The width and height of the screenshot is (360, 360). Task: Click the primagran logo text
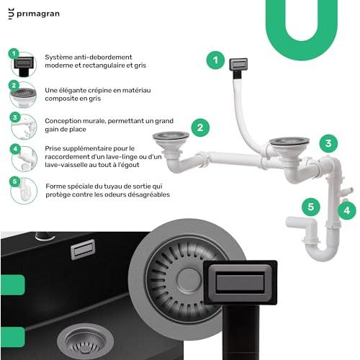point(38,14)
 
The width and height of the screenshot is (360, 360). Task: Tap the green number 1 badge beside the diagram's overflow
point(215,60)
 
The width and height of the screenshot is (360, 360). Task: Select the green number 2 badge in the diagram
point(200,127)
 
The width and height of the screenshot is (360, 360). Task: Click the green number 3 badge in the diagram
point(328,143)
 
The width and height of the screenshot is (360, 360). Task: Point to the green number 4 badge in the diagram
point(347,210)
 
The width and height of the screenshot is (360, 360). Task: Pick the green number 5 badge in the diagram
point(311,207)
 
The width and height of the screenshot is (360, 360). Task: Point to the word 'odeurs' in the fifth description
point(114,194)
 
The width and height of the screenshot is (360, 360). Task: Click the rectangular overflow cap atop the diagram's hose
point(238,64)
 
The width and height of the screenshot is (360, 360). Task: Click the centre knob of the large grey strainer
point(189,280)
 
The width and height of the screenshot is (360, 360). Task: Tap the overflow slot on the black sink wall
point(83,249)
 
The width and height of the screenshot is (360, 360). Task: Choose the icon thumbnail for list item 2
point(23,94)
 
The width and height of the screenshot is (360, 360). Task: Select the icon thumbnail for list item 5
point(24,191)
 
